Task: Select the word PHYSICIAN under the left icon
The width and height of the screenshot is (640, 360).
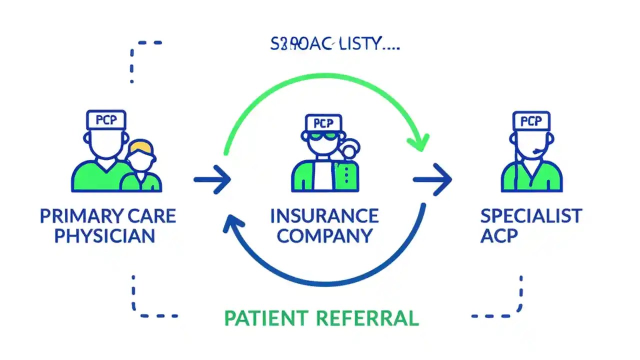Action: point(104,235)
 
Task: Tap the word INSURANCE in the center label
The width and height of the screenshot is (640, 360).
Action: point(324,216)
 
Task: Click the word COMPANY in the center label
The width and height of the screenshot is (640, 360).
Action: point(324,235)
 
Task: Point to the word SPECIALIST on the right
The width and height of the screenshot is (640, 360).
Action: point(531,216)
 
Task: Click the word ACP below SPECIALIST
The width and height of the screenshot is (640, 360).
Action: point(498,235)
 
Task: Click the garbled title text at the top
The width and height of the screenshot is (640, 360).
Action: point(335,44)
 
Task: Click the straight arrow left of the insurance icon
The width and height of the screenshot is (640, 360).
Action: point(212,178)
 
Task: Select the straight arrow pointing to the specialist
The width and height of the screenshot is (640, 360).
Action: point(432,178)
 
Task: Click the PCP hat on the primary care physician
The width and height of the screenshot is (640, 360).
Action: point(106,120)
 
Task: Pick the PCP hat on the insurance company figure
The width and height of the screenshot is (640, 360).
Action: point(323,123)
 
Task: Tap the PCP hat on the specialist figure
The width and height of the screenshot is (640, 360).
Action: point(531,121)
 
